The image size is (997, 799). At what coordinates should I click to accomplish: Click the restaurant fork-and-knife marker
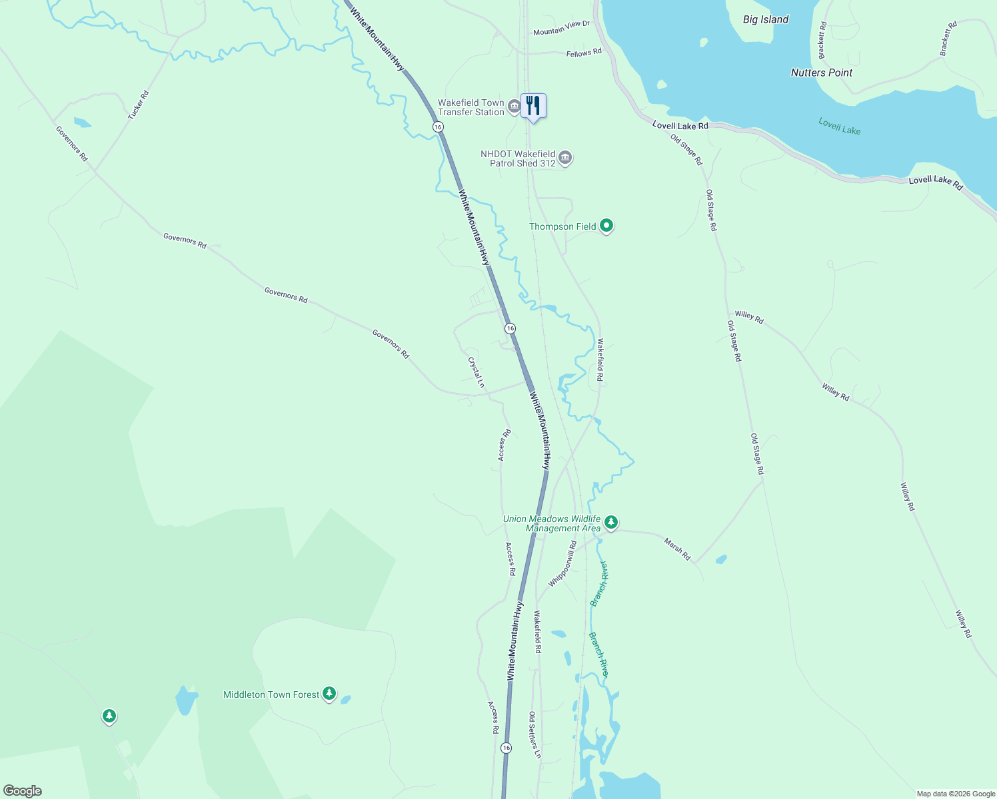point(533,106)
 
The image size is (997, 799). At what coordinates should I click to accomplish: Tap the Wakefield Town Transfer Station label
point(471,107)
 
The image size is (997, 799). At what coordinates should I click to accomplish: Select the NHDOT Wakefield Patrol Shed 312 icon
point(565,158)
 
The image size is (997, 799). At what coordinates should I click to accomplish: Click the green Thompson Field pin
point(606,226)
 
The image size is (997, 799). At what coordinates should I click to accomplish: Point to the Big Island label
point(766,19)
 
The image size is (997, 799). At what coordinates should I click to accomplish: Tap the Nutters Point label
point(821,73)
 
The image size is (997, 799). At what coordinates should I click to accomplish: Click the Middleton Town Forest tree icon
point(329,694)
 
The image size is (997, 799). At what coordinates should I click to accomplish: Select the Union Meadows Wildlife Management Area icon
point(611,522)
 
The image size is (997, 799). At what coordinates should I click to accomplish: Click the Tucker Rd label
point(139,105)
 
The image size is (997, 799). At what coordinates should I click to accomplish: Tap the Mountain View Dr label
point(561,28)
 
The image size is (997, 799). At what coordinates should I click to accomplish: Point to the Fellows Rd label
point(584,53)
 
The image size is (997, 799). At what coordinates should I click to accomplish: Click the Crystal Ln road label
point(476,372)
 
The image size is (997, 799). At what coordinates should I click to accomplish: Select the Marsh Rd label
point(677,549)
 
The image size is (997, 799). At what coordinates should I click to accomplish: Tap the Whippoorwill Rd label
point(562,563)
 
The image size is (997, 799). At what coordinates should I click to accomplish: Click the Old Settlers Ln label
point(534,734)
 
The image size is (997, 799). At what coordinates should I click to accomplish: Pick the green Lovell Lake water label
point(839,126)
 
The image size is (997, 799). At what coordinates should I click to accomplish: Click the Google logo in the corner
point(23,791)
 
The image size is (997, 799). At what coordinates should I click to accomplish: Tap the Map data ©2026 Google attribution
point(956,794)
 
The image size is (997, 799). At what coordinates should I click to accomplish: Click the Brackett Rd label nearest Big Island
point(822,40)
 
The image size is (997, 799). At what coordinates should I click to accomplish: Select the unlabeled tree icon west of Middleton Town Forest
point(109,716)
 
